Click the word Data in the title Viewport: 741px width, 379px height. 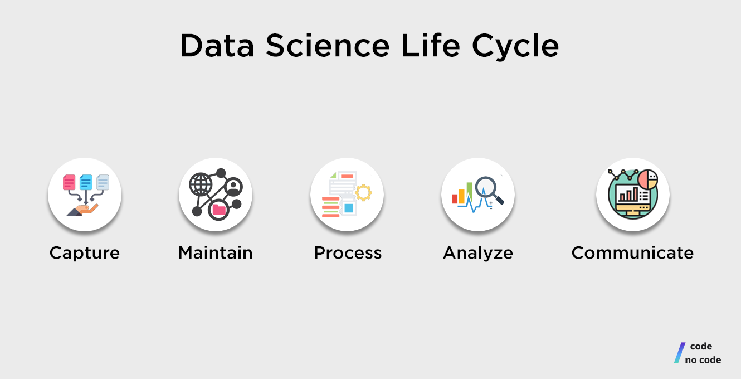(217, 46)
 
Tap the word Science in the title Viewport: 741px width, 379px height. (328, 46)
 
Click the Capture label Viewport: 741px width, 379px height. (85, 253)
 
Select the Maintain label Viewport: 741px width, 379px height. (216, 253)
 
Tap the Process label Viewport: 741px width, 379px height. (348, 253)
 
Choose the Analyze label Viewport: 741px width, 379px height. (478, 253)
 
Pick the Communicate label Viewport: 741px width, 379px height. (632, 253)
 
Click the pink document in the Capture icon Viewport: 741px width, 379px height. (69, 182)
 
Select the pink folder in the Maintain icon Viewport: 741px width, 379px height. (218, 210)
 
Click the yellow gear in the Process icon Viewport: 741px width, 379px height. (363, 192)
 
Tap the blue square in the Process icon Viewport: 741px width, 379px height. (349, 208)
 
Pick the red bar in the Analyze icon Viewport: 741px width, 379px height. (455, 199)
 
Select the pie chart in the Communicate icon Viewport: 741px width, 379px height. (647, 179)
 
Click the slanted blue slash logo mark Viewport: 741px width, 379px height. (679, 353)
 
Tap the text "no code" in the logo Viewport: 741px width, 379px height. (703, 360)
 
